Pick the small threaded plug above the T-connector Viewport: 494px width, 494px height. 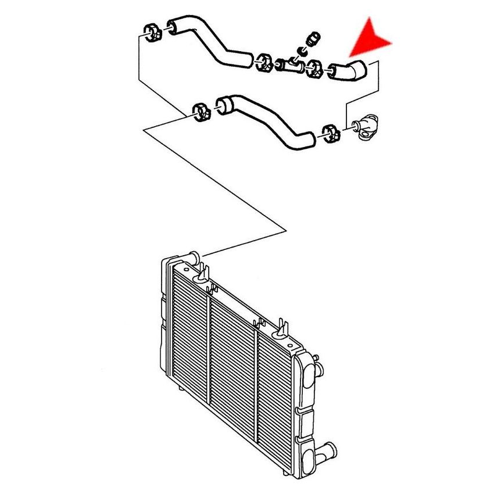pyautogui.click(x=314, y=40)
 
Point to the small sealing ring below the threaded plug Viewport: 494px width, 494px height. pyautogui.click(x=302, y=52)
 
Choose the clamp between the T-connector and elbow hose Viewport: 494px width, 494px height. pyautogui.click(x=314, y=68)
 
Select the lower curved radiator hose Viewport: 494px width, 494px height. pyautogui.click(x=267, y=121)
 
